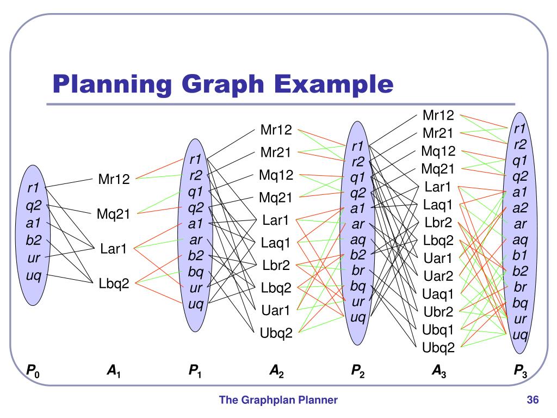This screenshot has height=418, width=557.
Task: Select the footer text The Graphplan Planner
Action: [278, 401]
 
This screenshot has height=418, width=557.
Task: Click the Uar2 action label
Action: [437, 276]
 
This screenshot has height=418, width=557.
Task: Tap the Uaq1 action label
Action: [437, 294]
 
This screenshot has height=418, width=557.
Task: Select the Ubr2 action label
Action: [437, 312]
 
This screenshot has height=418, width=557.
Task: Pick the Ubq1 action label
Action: [437, 329]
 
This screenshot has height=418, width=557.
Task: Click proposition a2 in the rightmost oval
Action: [520, 207]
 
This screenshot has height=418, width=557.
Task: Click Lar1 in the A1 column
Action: [114, 249]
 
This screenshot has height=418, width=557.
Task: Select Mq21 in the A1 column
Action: [114, 214]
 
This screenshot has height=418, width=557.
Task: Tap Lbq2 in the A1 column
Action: [114, 283]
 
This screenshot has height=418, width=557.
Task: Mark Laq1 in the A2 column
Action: [276, 243]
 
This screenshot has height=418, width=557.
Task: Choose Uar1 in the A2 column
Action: [276, 310]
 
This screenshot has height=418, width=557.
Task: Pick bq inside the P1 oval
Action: [195, 272]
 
